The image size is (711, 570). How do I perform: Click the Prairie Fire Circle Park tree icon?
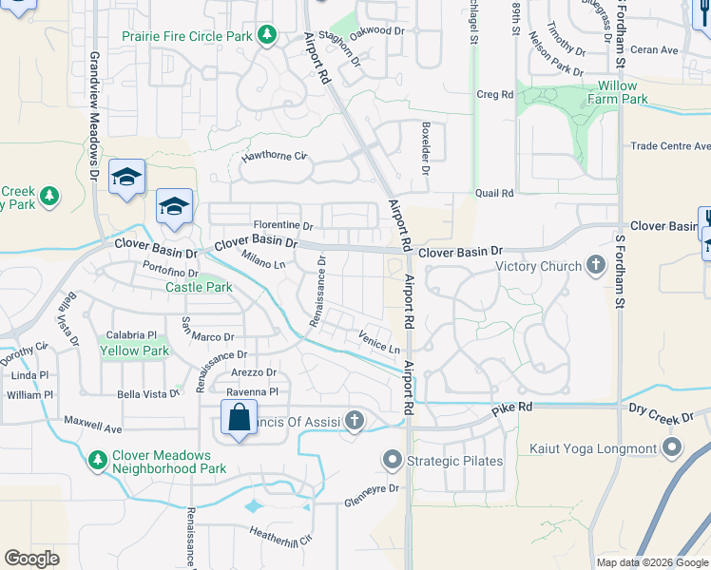[267, 36]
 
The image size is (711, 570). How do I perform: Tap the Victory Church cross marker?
[596, 265]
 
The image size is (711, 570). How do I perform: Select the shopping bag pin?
[238, 417]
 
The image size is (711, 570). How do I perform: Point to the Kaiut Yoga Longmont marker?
[673, 448]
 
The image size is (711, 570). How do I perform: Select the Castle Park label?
[199, 287]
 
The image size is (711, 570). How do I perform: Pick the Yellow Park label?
[134, 351]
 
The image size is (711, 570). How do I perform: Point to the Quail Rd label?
[494, 193]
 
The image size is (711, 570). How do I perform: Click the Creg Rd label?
[494, 95]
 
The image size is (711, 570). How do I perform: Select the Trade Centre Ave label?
[672, 146]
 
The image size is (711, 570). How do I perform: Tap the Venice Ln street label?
[379, 341]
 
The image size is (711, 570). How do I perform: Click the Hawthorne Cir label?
[276, 156]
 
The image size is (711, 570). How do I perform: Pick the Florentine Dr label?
[282, 226]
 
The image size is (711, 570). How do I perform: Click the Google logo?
[32, 559]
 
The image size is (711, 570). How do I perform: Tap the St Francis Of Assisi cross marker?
[355, 419]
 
